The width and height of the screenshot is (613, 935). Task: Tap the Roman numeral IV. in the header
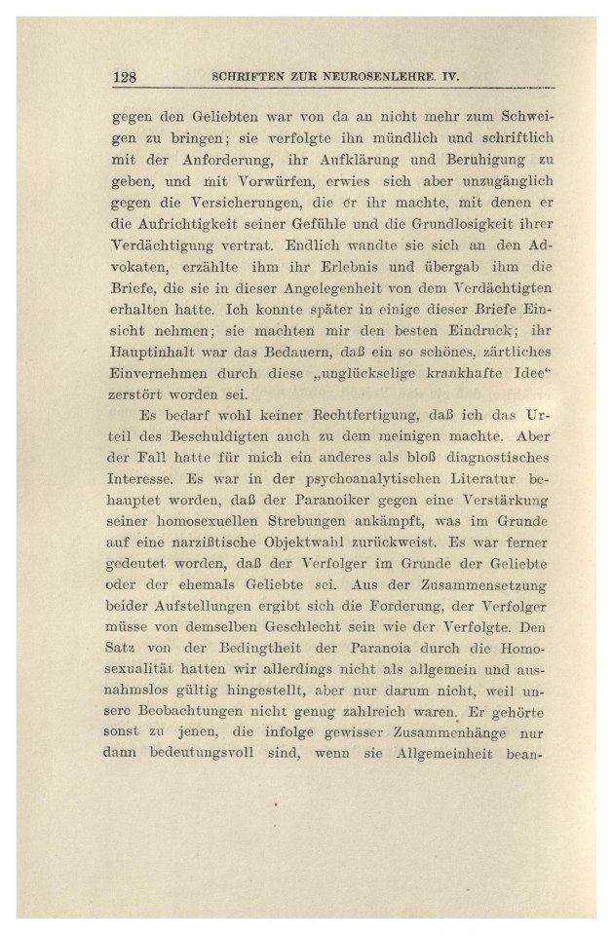click(x=448, y=77)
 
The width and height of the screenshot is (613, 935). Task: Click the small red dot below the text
click(x=276, y=805)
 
